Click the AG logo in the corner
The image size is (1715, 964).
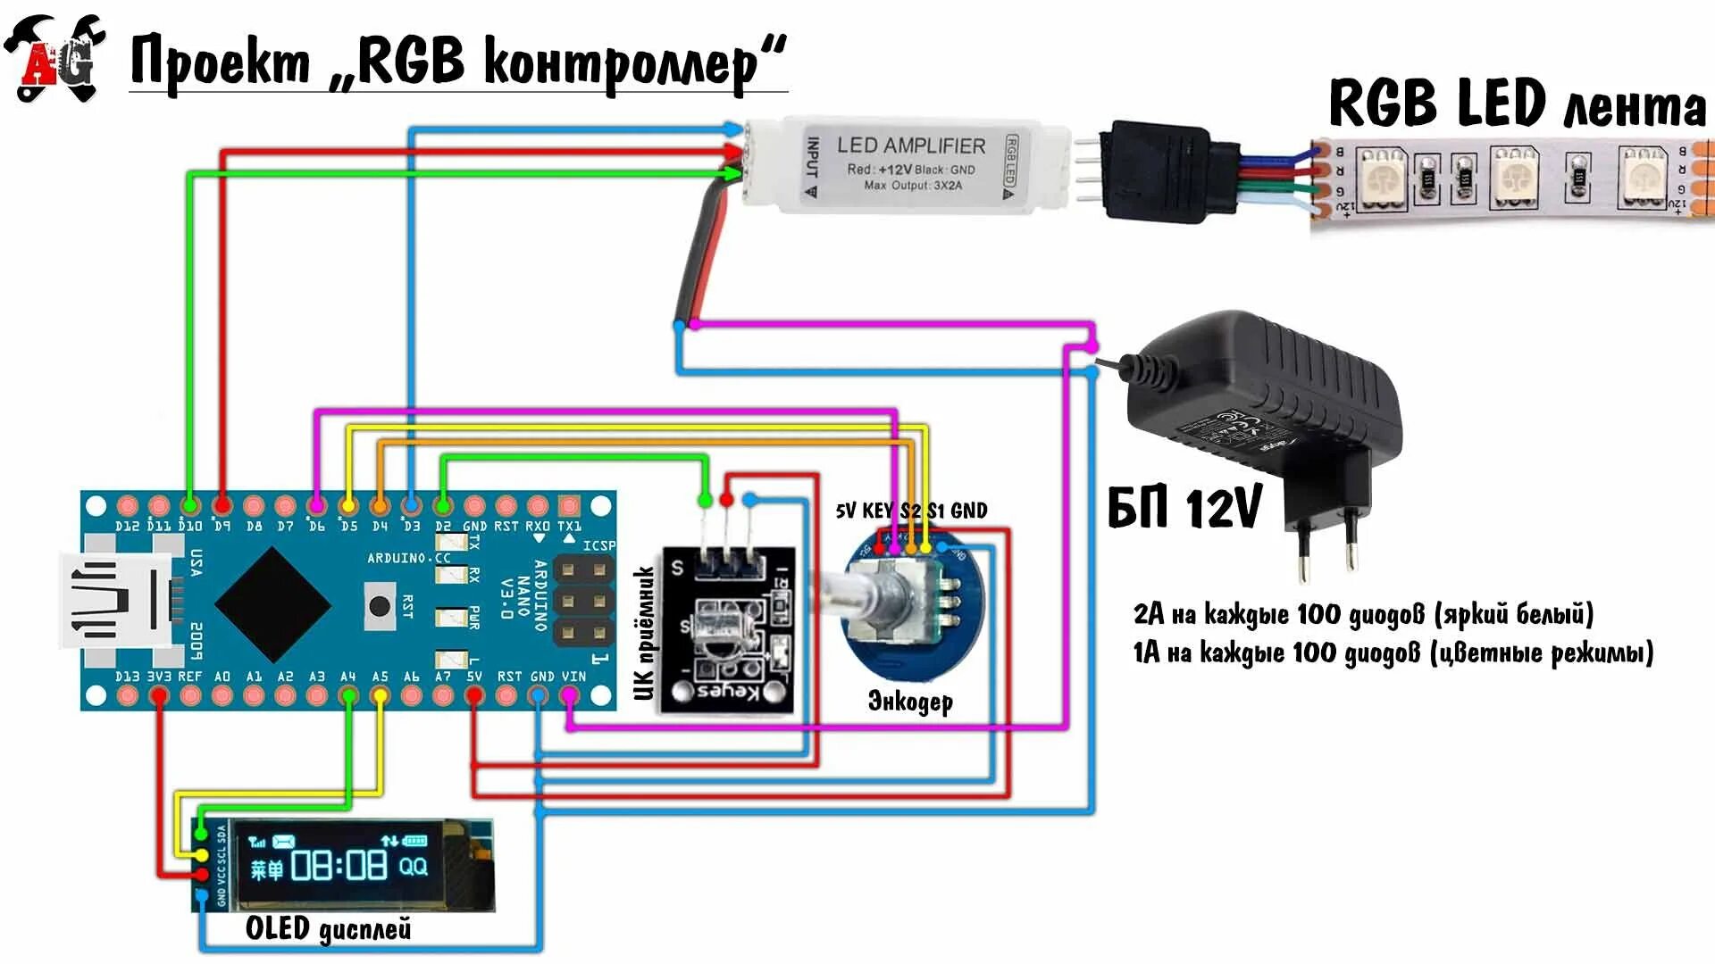click(55, 57)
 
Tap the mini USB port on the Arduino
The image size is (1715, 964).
click(114, 599)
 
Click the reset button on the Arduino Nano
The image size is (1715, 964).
click(380, 606)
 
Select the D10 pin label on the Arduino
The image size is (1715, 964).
click(189, 527)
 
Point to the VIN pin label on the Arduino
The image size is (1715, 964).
click(573, 677)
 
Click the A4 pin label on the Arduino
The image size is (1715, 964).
click(348, 677)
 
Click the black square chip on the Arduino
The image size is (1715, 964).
click(272, 604)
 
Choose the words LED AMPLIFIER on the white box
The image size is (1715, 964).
click(910, 145)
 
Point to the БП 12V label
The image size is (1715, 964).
click(1184, 508)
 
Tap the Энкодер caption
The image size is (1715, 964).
click(910, 702)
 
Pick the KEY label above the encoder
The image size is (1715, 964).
click(877, 511)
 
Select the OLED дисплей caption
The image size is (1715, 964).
click(328, 928)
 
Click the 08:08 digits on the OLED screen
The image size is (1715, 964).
click(339, 865)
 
